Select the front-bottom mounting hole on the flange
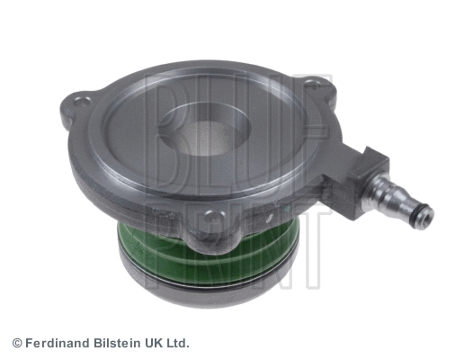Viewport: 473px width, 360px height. click(208, 217)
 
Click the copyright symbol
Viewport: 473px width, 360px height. click(17, 343)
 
